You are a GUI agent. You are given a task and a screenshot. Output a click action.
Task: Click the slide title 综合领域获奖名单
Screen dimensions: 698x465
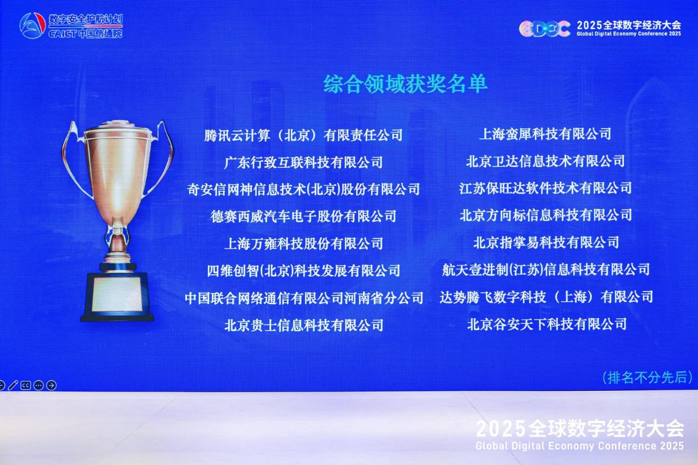(405, 84)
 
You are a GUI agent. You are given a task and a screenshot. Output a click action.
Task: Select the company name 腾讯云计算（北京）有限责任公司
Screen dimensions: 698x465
(303, 135)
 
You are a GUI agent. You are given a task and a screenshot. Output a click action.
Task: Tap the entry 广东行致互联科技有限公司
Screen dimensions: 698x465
(303, 163)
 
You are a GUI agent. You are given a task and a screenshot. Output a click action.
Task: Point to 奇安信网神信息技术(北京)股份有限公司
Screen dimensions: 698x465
(303, 189)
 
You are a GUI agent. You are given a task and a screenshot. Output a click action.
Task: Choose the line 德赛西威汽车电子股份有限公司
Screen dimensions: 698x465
(303, 216)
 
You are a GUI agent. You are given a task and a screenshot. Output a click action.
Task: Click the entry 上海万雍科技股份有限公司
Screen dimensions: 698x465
(303, 244)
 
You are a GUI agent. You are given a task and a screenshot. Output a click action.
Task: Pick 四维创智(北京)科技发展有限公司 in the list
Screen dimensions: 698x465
(303, 271)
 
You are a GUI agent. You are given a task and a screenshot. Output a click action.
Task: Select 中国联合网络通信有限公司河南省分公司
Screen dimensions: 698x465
(304, 298)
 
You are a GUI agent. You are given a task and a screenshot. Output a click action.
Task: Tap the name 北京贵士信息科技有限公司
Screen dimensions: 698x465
(304, 326)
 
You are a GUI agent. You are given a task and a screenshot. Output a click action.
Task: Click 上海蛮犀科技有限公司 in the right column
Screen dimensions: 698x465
(545, 135)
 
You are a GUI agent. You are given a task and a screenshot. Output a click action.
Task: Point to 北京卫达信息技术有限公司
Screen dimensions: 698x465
(545, 161)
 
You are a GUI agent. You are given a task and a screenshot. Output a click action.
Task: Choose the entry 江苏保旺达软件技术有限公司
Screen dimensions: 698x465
(545, 188)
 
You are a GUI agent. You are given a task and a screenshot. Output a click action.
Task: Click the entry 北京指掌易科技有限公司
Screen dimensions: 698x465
(546, 242)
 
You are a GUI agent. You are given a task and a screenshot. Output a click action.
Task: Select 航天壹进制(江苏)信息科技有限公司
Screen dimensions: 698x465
(546, 270)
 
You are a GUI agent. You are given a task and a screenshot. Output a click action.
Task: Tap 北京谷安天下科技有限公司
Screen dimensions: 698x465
(547, 324)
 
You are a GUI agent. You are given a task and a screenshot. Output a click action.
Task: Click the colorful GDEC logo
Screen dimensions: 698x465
(544, 29)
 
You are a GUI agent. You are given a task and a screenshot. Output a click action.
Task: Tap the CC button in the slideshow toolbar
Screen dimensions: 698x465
(26, 385)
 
